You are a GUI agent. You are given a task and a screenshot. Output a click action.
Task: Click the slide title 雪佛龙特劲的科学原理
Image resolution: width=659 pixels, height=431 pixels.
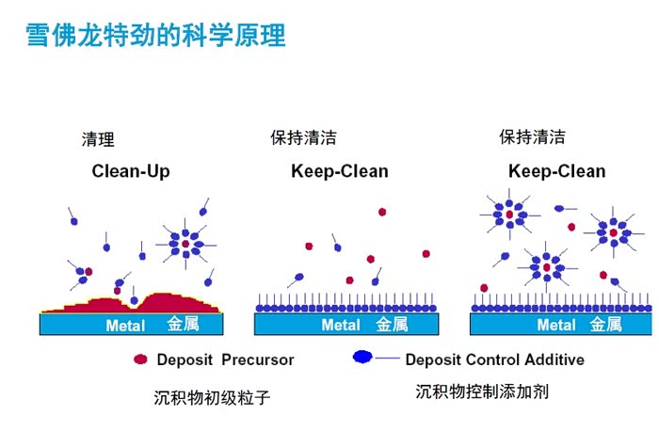tap(155, 35)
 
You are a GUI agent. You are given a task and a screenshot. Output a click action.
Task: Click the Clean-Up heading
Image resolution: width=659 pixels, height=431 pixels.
tap(131, 171)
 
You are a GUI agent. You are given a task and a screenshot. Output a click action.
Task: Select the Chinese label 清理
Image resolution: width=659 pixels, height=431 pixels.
tap(99, 140)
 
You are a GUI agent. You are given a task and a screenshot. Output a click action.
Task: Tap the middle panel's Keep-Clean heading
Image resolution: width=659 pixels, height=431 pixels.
tap(340, 171)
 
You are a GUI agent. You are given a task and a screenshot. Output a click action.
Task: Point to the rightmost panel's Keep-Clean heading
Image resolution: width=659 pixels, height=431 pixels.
tap(556, 171)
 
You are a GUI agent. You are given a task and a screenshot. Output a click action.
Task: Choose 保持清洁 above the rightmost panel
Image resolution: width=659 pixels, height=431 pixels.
tap(532, 137)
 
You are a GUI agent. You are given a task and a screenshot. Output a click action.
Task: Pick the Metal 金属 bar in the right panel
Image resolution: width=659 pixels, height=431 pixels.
tap(561, 325)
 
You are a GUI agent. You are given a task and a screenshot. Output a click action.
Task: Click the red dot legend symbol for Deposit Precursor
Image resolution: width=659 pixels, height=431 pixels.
tap(141, 359)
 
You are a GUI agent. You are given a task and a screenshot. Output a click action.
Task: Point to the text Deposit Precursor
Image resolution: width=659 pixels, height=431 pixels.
tap(225, 359)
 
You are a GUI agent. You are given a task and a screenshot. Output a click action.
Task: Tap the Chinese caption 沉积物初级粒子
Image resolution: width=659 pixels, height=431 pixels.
tap(212, 397)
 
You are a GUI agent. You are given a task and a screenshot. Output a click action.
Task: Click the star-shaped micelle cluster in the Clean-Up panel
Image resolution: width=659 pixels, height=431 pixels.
tap(185, 244)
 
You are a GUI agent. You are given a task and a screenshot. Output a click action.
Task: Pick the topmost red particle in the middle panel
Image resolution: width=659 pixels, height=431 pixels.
tap(382, 213)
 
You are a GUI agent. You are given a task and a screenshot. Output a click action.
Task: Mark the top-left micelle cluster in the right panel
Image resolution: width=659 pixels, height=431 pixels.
tap(509, 215)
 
